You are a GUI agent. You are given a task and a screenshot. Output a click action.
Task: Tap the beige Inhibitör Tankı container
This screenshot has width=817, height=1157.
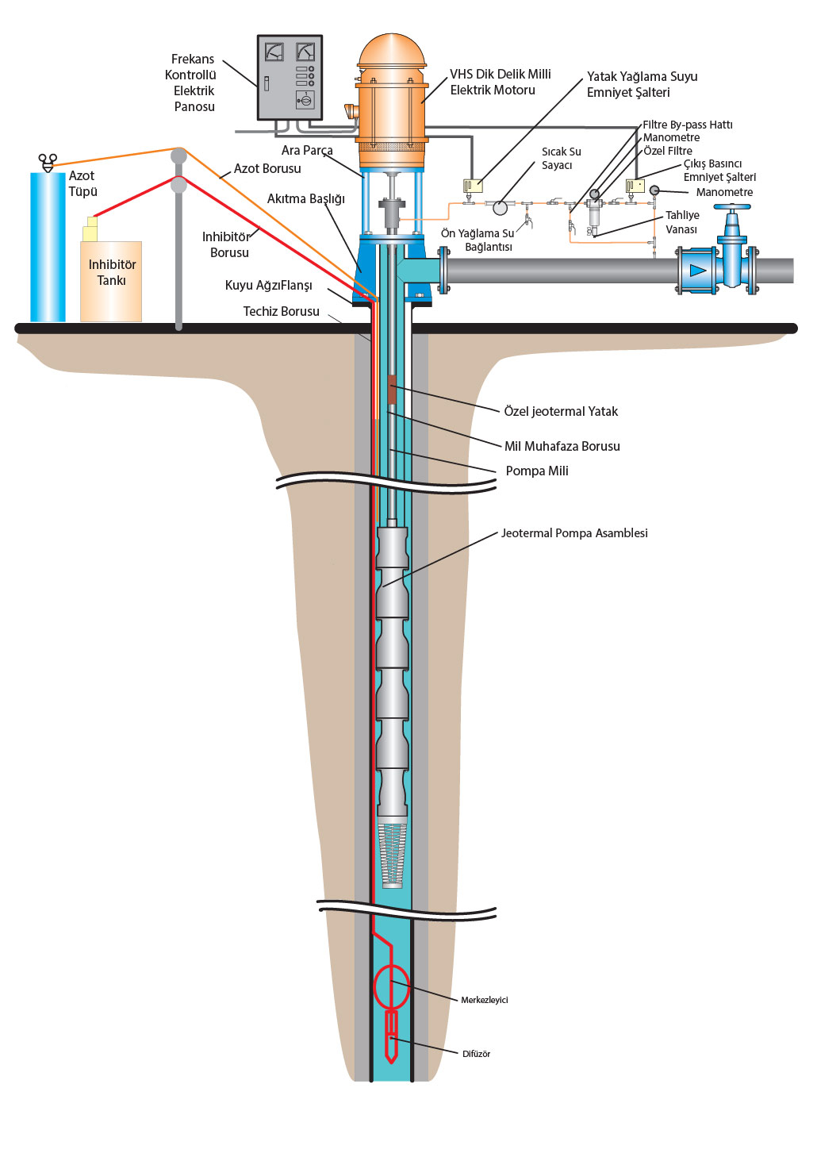(x=111, y=282)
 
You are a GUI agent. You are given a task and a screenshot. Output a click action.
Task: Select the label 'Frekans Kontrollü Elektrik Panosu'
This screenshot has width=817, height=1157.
(x=191, y=83)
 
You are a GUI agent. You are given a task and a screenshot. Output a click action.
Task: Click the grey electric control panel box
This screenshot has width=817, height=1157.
(x=290, y=77)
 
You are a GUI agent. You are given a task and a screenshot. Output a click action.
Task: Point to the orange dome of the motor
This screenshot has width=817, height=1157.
(x=392, y=52)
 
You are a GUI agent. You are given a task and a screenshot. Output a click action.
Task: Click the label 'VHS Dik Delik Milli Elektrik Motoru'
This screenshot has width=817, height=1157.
(x=500, y=82)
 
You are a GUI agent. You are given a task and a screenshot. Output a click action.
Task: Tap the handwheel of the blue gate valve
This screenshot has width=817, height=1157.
(x=731, y=209)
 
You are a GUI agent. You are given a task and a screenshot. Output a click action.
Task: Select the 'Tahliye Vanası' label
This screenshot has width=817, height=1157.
(x=681, y=222)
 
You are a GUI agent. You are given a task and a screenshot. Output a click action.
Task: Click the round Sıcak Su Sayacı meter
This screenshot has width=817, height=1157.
(x=500, y=208)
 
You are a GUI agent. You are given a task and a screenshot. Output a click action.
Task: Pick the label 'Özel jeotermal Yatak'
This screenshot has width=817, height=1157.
(x=561, y=411)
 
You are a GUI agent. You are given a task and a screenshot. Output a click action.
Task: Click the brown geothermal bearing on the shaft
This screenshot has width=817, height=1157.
(x=392, y=392)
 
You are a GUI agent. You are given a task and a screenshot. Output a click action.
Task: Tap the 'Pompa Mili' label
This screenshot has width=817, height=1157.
(x=537, y=471)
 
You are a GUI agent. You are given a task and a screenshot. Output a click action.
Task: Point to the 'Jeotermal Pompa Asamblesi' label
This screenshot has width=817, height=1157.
(x=574, y=533)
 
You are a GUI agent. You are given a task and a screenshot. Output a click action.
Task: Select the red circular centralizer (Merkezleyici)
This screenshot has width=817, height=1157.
(x=391, y=986)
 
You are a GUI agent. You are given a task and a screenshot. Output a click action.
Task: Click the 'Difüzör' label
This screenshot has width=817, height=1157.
(x=476, y=1054)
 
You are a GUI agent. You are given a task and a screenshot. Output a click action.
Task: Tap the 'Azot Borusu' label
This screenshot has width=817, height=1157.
(x=267, y=168)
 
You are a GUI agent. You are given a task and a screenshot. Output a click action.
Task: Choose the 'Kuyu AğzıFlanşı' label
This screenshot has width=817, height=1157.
(x=268, y=285)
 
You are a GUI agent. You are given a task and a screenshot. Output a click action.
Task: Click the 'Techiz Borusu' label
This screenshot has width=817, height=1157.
(x=281, y=311)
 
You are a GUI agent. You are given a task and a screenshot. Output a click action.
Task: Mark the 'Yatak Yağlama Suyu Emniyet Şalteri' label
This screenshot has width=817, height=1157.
(x=642, y=84)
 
